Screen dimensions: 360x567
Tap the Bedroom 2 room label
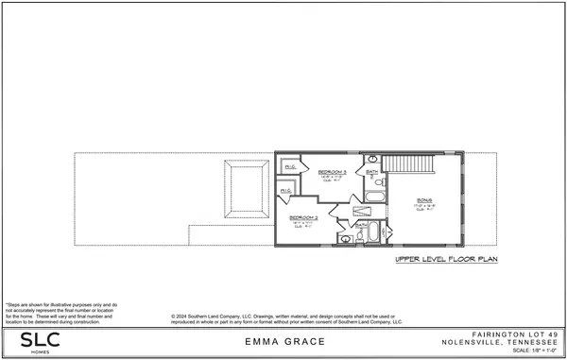click(x=305, y=217)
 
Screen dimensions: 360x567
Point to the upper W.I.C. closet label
click(x=290, y=166)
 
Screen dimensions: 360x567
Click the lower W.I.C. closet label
click(x=284, y=192)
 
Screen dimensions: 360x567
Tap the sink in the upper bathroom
click(x=372, y=159)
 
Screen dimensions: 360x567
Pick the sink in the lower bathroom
click(x=346, y=240)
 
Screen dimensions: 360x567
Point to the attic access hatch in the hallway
click(x=362, y=212)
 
